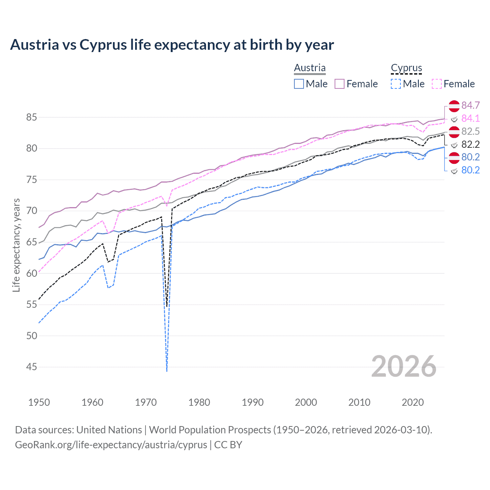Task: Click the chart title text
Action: click(x=172, y=45)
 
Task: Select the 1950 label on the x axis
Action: click(x=39, y=402)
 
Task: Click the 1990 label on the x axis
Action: click(x=253, y=402)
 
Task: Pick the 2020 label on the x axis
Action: click(x=413, y=402)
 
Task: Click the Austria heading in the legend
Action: click(x=310, y=68)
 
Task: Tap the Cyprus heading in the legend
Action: click(x=406, y=68)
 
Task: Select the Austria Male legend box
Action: click(x=299, y=84)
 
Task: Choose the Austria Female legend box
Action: click(x=340, y=84)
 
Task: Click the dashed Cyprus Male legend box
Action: click(x=396, y=84)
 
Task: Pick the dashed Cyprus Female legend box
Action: click(x=437, y=84)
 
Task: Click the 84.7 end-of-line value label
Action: click(x=470, y=105)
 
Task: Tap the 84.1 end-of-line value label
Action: click(x=470, y=118)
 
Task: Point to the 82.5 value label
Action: click(x=470, y=131)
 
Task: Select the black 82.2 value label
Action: click(x=470, y=144)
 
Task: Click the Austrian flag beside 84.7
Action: click(x=454, y=105)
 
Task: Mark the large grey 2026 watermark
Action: click(x=403, y=366)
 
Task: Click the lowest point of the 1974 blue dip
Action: click(x=167, y=371)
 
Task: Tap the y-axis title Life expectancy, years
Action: click(x=16, y=245)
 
